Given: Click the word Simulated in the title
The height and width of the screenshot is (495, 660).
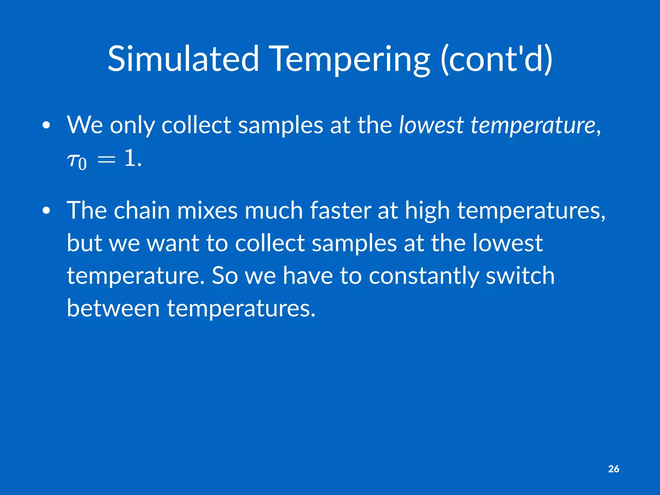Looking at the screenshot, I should (183, 59).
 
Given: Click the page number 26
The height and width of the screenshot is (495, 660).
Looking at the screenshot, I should (613, 469).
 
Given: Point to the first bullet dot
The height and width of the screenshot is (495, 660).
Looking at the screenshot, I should (46, 125).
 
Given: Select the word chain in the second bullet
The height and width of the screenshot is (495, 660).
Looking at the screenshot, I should (141, 210).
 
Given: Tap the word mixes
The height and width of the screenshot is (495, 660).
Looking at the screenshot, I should (207, 210).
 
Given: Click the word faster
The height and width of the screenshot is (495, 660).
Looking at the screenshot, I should (340, 210).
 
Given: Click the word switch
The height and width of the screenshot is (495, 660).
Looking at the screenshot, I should (520, 276).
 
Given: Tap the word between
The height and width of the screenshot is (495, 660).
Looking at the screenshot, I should (113, 308).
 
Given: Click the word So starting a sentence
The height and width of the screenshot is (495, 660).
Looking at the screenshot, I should (225, 276).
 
